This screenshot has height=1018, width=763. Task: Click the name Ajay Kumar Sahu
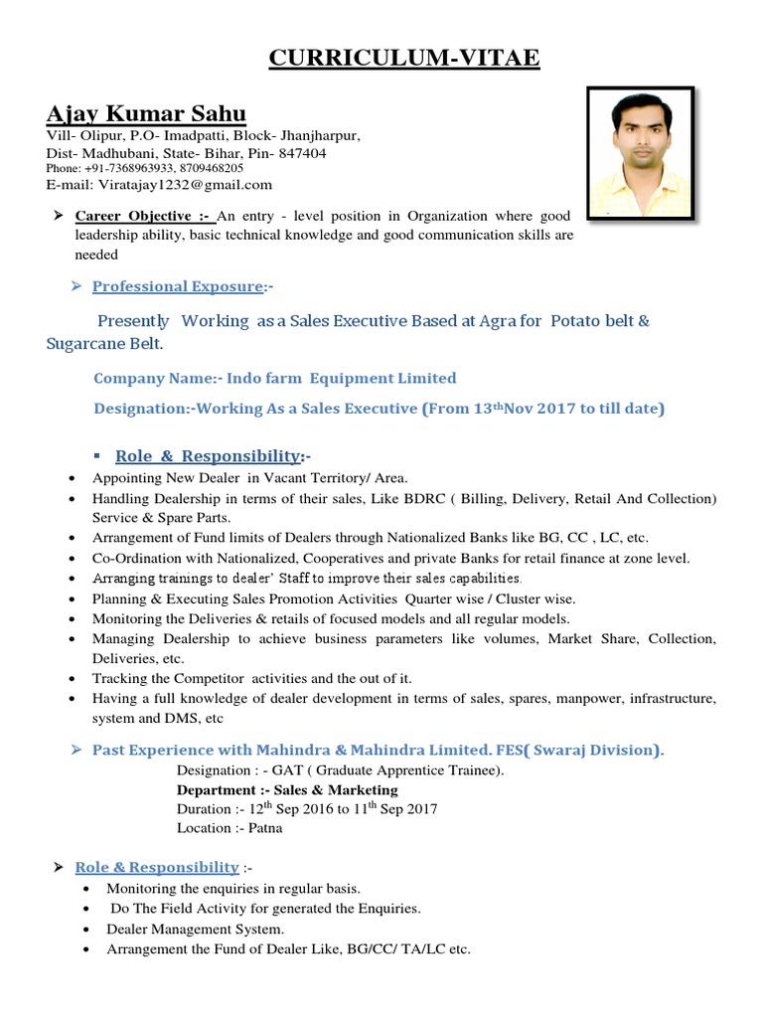146,112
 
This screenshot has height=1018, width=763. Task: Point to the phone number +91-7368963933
138,169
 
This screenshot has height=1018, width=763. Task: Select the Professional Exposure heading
178,286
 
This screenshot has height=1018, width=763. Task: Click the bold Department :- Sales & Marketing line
286,789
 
